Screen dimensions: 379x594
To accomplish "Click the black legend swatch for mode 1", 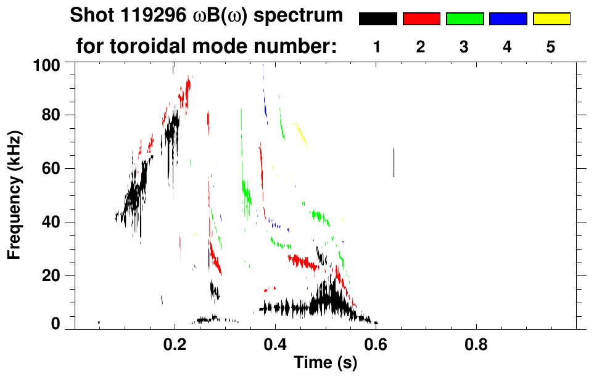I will point(377,19).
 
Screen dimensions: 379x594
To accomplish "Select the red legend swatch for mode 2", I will point(421,19).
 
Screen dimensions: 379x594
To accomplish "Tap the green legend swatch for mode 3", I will point(464,19).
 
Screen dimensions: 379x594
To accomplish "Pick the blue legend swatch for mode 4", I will point(508,19).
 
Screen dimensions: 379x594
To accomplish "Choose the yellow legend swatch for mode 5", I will point(551,19).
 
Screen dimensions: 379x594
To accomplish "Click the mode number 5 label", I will point(551,47).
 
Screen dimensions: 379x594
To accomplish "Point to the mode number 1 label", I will point(377,47).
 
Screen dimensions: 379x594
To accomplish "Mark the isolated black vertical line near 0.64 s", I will point(394,162).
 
